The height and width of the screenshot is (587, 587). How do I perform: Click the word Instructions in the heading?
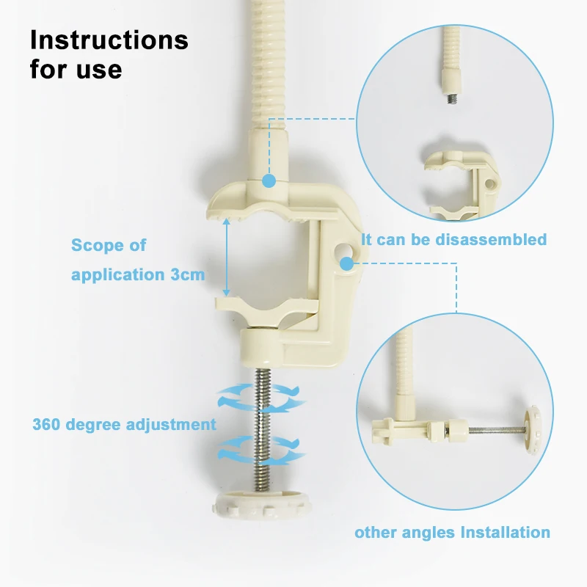[109, 40]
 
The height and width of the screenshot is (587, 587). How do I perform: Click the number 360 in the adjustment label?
[46, 425]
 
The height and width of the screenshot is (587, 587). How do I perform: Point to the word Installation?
[505, 533]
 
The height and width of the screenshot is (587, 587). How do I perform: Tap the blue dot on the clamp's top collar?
[269, 181]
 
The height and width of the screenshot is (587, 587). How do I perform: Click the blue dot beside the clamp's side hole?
[347, 264]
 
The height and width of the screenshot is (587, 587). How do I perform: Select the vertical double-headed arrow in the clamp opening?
[226, 258]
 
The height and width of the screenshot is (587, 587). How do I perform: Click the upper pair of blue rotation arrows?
[261, 398]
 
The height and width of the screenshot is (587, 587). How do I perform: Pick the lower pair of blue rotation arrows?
[261, 450]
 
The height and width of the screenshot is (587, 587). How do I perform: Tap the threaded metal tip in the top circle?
[451, 99]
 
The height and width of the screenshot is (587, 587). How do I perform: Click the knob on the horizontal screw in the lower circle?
[532, 430]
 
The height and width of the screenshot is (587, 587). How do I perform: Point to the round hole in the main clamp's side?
[344, 251]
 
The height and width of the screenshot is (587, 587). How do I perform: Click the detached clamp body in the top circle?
[463, 184]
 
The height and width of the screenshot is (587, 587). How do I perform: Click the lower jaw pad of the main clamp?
[266, 307]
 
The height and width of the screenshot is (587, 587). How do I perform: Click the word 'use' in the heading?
[99, 70]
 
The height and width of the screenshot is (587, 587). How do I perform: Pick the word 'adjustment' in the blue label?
[171, 425]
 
